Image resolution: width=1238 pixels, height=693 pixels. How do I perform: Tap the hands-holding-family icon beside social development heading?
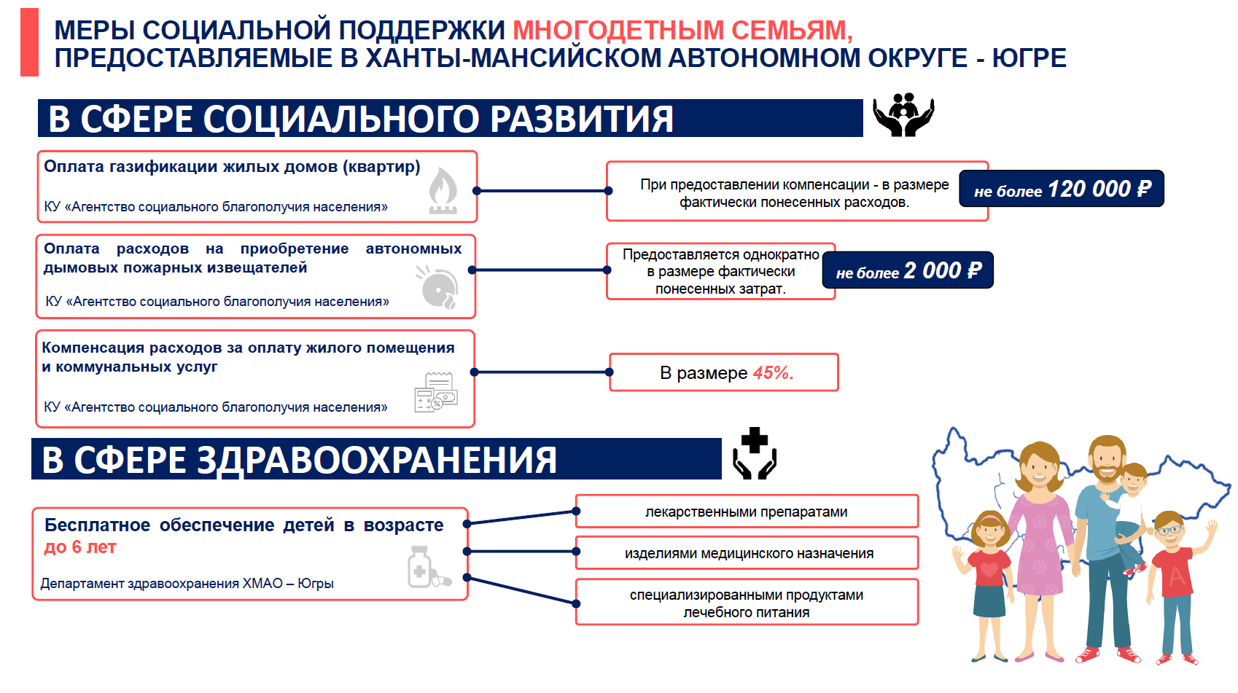click(x=903, y=115)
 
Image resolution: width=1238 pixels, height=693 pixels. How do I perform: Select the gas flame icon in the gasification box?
click(x=443, y=190)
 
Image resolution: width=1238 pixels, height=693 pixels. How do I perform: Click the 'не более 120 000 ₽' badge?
click(x=1061, y=189)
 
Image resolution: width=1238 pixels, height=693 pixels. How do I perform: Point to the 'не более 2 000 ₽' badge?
click(x=908, y=270)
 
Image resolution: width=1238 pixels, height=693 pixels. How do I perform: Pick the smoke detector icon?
click(x=438, y=288)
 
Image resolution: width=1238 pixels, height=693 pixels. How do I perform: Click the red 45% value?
click(x=773, y=373)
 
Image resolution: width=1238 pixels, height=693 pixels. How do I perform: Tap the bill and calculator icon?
click(x=435, y=393)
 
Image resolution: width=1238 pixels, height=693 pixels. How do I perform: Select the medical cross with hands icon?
click(x=755, y=454)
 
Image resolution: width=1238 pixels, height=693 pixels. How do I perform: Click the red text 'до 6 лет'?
click(x=80, y=547)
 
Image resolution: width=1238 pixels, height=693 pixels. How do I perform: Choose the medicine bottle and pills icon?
click(x=427, y=568)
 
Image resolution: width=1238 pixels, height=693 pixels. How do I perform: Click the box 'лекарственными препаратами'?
click(x=746, y=512)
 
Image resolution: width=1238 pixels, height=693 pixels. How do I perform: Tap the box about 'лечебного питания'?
click(x=746, y=603)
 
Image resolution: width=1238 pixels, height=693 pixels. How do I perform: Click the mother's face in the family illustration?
click(x=1039, y=471)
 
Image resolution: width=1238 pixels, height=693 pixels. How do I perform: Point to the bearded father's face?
click(x=1107, y=461)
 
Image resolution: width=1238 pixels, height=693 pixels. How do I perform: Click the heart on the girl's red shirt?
click(x=989, y=569)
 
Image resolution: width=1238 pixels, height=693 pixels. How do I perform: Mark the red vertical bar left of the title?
click(x=29, y=42)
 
